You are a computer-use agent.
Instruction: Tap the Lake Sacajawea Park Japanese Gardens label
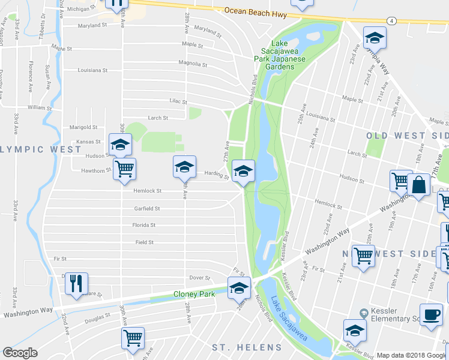280,55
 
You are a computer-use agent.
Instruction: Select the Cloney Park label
194,294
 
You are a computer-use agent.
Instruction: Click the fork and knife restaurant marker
76,283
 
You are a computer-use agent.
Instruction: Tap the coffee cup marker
430,315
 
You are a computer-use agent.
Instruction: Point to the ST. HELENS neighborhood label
246,347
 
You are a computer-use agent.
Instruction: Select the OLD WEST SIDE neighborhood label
407,136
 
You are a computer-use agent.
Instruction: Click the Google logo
19,353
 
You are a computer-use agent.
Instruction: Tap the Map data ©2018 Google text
412,355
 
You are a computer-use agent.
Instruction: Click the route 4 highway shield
391,20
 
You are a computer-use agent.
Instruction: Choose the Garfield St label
147,209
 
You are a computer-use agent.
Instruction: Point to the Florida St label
144,226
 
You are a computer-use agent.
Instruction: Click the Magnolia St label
193,64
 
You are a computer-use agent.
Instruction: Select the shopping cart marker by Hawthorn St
124,170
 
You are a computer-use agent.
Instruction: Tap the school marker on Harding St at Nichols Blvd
243,172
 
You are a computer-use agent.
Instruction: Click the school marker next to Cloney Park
239,289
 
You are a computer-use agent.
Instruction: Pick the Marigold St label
83,127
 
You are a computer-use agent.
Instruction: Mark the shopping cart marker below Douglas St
133,338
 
